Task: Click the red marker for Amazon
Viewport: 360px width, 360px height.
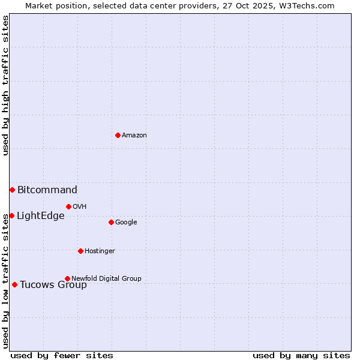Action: click(118, 135)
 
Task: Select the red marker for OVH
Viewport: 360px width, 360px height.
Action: click(68, 206)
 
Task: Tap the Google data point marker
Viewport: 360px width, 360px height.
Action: click(111, 222)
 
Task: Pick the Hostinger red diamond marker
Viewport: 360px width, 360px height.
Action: click(80, 251)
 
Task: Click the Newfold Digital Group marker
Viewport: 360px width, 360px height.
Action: click(67, 278)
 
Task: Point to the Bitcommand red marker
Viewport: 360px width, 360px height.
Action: click(12, 190)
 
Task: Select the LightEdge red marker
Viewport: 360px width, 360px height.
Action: click(11, 215)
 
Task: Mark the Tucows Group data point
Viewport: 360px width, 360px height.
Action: click(14, 284)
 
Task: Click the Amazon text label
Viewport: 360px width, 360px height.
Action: click(134, 136)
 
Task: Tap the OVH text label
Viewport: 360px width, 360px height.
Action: click(80, 207)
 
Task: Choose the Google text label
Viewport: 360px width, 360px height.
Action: click(126, 223)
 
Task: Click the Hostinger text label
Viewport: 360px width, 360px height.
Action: click(100, 251)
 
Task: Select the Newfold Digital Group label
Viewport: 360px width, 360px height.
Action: click(106, 278)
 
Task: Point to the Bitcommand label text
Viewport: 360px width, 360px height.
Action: click(47, 190)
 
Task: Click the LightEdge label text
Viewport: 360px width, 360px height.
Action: click(40, 216)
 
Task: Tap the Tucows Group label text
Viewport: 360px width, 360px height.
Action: click(53, 285)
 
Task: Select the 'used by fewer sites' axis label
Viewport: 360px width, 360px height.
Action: click(61, 355)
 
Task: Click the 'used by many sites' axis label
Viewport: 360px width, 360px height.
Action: click(301, 355)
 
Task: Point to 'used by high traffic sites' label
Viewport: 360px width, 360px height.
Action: click(5, 85)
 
